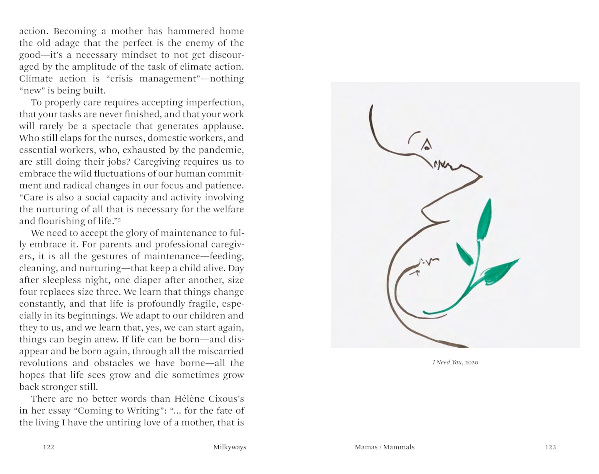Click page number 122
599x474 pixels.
[x=48, y=447]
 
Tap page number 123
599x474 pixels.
[x=550, y=447]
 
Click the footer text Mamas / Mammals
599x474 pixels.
[x=384, y=447]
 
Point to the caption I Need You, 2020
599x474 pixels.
[x=455, y=362]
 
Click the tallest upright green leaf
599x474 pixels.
[x=484, y=220]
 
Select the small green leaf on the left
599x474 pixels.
[x=464, y=254]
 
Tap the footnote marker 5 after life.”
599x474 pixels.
[x=119, y=220]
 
